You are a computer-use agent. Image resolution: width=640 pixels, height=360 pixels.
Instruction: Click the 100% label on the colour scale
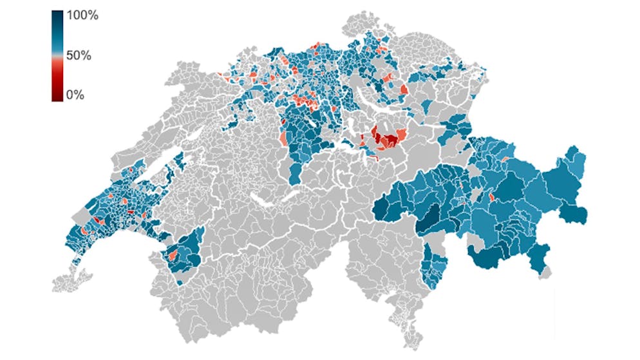[83, 16]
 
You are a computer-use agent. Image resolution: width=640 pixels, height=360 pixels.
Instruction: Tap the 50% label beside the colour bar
[79, 55]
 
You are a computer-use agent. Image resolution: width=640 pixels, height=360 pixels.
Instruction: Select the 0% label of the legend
[75, 95]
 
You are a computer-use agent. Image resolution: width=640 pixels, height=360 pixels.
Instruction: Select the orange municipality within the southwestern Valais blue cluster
[173, 256]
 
